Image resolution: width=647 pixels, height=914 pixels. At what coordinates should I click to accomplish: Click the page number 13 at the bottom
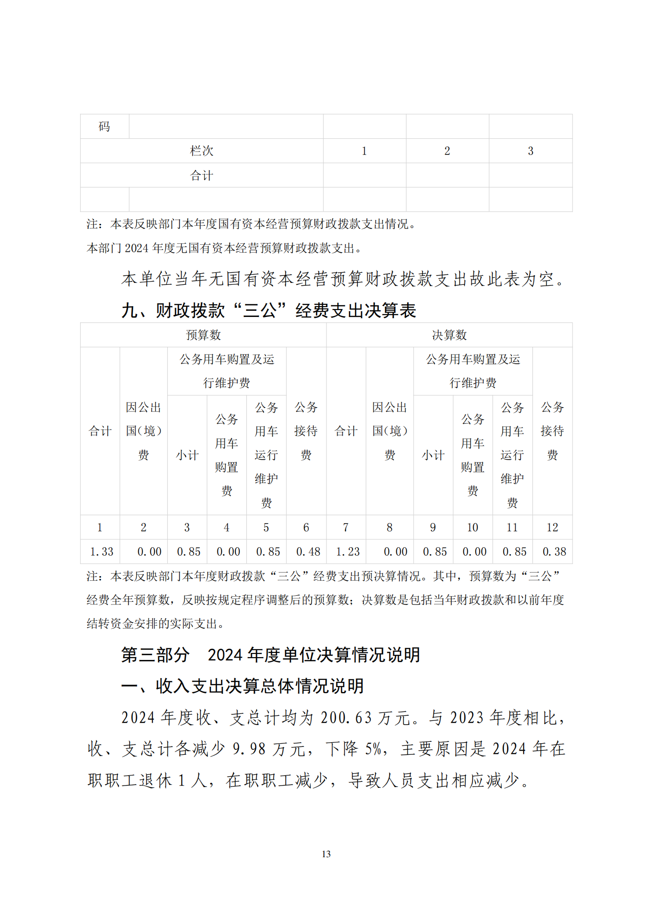(326, 854)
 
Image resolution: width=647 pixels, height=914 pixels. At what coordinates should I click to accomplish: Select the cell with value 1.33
(101, 552)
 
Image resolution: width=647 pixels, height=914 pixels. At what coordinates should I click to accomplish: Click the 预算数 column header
(203, 335)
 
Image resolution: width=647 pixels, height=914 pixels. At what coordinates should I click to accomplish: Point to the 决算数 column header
(449, 335)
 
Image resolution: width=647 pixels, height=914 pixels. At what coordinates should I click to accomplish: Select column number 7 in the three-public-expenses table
(346, 527)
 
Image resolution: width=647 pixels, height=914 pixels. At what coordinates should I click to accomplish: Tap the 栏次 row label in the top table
(201, 151)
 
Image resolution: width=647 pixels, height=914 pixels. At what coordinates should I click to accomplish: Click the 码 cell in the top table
(104, 127)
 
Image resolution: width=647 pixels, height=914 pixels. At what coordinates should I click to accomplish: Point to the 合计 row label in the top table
(201, 175)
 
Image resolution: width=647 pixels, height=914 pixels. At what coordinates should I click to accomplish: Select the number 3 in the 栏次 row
(530, 151)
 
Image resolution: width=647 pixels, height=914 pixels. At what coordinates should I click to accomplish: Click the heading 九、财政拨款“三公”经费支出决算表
(269, 310)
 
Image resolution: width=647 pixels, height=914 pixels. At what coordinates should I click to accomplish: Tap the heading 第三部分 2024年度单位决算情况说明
(270, 655)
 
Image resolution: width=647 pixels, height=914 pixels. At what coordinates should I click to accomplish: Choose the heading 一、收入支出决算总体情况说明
(242, 686)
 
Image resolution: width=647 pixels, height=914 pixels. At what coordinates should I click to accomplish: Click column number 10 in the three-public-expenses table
(472, 527)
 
